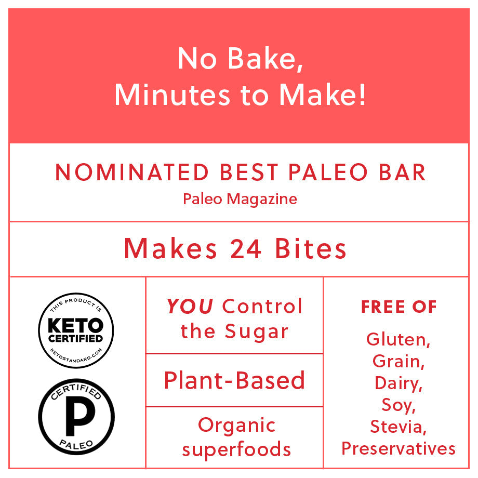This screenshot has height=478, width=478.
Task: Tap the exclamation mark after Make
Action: click(362, 95)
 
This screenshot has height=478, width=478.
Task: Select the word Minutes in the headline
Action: click(172, 95)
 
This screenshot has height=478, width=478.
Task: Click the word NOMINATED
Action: click(131, 172)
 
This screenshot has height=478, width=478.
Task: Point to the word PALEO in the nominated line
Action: click(328, 172)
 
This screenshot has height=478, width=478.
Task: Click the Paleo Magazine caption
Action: click(240, 199)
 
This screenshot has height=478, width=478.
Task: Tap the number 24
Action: click(246, 249)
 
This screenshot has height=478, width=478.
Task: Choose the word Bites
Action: click(311, 248)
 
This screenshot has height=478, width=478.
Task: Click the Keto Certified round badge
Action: click(76, 330)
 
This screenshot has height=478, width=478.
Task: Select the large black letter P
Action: click(80, 416)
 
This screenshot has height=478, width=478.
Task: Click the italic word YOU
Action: click(190, 306)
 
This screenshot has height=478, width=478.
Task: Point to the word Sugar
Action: click(256, 332)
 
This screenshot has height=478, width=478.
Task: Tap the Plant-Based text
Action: click(234, 380)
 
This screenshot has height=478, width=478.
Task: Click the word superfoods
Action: click(236, 449)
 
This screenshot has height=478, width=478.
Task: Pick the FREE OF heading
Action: click(399, 307)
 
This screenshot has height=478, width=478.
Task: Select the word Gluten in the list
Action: click(398, 339)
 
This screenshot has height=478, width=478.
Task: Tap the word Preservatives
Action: click(399, 448)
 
